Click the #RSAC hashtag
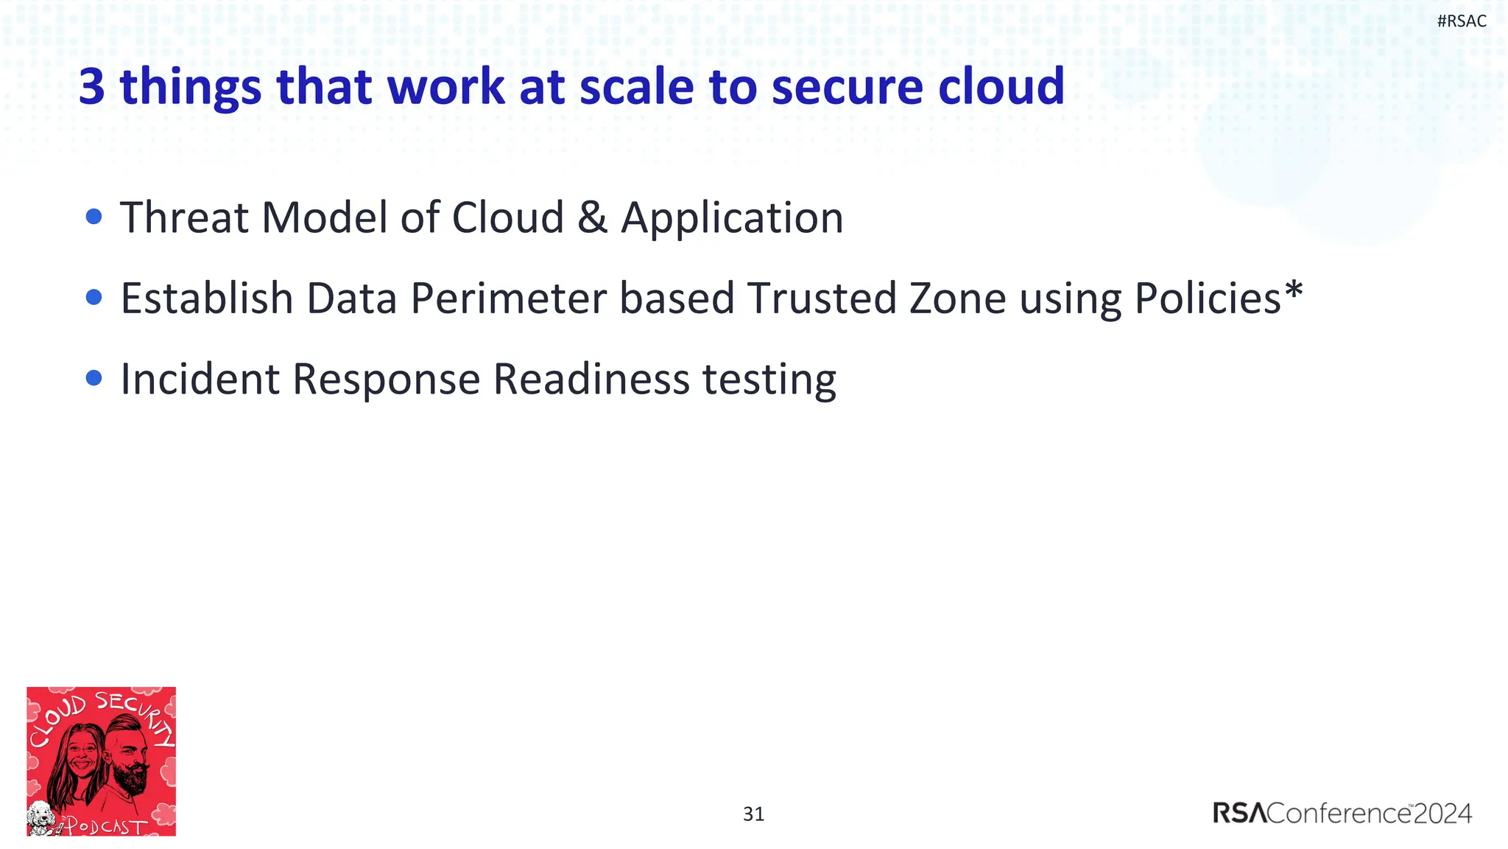pyautogui.click(x=1461, y=21)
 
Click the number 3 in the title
pyautogui.click(x=92, y=87)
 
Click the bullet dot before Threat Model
pyautogui.click(x=94, y=217)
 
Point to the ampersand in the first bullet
pyautogui.click(x=592, y=218)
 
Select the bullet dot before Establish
pyautogui.click(x=94, y=297)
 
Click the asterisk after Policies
pyautogui.click(x=1294, y=289)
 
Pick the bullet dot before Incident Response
pyautogui.click(x=94, y=378)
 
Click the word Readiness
pyautogui.click(x=591, y=379)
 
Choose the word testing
pyautogui.click(x=769, y=380)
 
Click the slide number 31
pyautogui.click(x=753, y=814)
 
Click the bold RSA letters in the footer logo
pyautogui.click(x=1240, y=814)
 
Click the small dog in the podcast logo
pyautogui.click(x=41, y=817)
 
